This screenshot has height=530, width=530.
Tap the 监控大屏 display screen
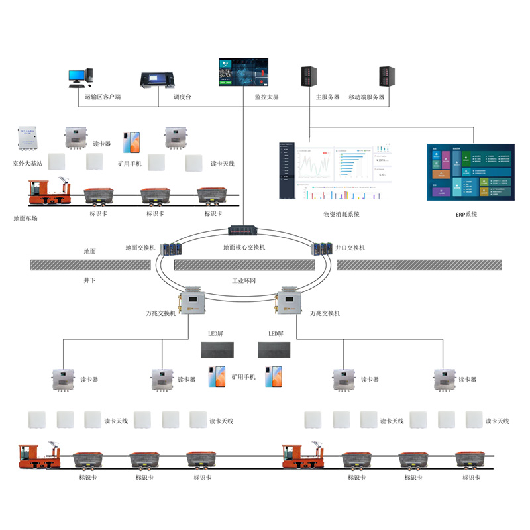[x=244, y=73]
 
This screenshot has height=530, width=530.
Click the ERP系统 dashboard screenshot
[x=470, y=171]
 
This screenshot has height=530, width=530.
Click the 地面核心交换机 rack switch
[x=246, y=231]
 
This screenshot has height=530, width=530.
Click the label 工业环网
[x=244, y=280]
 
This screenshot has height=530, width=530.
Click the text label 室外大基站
[x=27, y=162]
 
